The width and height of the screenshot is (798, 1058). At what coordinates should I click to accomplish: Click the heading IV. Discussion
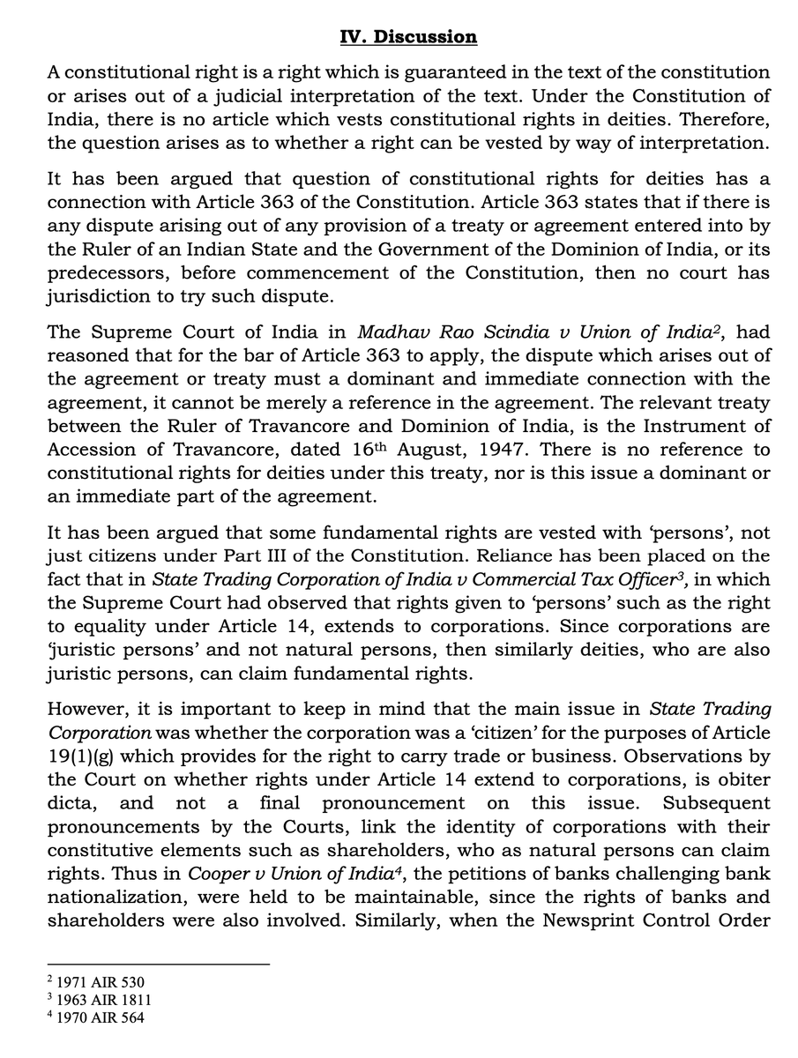point(408,37)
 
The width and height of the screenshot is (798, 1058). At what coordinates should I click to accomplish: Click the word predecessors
point(98,273)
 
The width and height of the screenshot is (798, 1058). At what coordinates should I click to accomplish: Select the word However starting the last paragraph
point(85,709)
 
